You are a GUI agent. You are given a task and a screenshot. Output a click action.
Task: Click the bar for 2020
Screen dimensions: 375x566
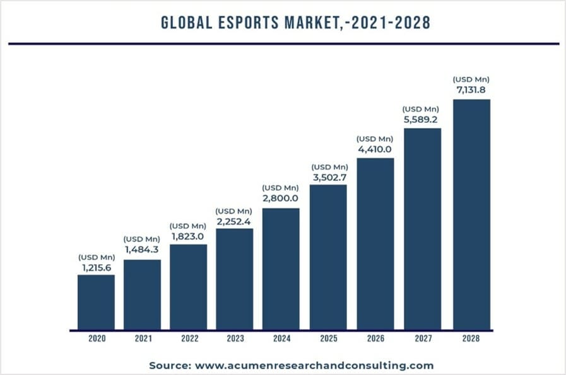(96, 302)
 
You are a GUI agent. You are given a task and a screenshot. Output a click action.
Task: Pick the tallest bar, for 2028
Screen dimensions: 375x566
(471, 214)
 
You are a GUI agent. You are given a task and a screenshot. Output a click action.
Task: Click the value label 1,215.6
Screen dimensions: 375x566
(96, 267)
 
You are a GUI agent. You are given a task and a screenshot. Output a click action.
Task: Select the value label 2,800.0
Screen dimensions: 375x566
(281, 198)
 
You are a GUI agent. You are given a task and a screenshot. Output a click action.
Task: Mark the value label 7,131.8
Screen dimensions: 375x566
(471, 89)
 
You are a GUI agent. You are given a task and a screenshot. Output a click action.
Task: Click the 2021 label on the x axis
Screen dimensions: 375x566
(143, 338)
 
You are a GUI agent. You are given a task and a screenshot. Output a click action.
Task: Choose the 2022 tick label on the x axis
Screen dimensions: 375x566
(189, 338)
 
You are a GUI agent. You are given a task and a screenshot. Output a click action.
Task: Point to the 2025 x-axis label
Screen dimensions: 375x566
(328, 338)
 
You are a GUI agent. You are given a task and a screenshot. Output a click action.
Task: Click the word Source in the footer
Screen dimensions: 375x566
(169, 366)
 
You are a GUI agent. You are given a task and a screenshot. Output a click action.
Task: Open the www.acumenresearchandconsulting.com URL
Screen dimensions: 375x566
(314, 366)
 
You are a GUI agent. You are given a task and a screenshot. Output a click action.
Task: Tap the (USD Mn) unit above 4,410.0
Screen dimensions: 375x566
(375, 139)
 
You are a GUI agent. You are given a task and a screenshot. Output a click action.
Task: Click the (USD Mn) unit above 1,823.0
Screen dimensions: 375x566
(188, 226)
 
